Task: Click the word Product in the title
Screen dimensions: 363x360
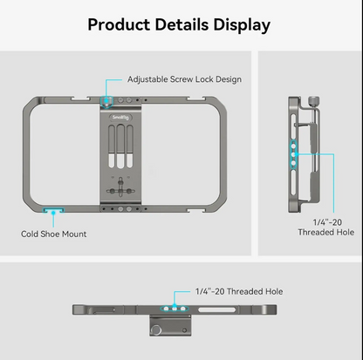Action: (119, 24)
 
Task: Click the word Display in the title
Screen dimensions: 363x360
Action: (242, 25)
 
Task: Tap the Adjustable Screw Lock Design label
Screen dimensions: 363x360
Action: (184, 79)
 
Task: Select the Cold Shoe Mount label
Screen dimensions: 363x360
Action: (54, 234)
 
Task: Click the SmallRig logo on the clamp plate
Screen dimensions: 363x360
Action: (120, 118)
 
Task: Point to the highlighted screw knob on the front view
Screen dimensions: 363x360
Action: (106, 101)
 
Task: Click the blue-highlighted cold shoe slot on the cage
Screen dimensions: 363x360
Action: (53, 210)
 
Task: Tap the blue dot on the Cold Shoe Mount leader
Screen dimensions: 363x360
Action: (53, 213)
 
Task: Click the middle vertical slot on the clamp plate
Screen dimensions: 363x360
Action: (120, 146)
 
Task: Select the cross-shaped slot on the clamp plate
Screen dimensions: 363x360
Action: (120, 190)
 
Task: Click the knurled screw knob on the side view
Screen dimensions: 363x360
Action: (313, 101)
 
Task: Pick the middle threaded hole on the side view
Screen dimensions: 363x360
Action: (293, 154)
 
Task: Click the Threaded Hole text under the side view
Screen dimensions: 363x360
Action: (326, 232)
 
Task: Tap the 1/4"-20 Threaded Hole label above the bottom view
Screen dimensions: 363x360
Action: (239, 291)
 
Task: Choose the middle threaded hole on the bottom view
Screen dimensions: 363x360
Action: (175, 309)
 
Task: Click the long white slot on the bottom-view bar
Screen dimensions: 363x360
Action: (216, 309)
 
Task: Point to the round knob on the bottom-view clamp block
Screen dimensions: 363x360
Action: (157, 330)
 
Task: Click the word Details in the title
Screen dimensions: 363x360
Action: (181, 24)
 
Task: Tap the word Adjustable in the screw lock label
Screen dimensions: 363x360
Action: (147, 79)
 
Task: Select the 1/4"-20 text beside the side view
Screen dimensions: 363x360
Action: (327, 222)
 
